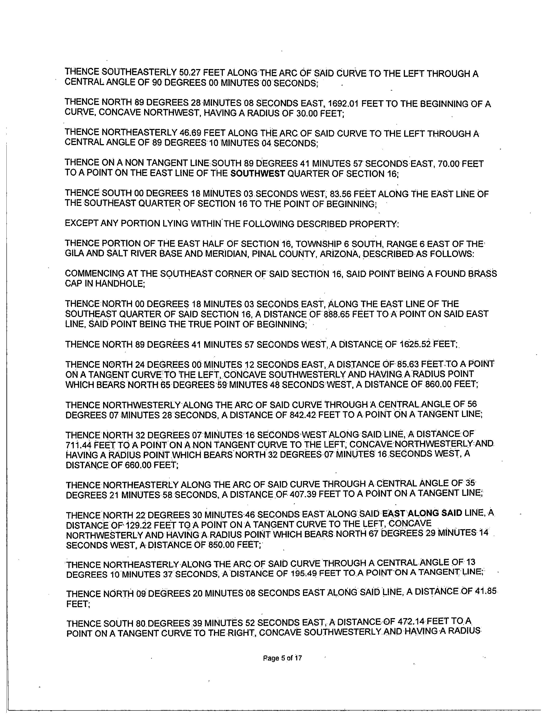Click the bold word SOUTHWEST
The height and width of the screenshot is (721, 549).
click(x=258, y=173)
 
